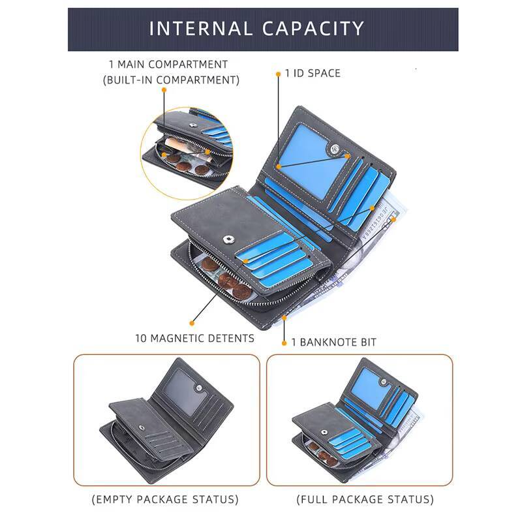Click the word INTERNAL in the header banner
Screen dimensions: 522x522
click(200, 29)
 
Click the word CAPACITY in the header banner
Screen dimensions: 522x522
click(313, 29)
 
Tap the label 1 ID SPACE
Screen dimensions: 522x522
click(313, 73)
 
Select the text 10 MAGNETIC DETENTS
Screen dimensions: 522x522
click(194, 339)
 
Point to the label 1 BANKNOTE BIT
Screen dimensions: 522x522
click(334, 342)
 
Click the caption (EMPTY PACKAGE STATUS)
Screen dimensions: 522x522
click(165, 499)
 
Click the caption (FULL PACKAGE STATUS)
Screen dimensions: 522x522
click(365, 499)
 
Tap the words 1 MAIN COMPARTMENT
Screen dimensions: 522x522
click(168, 64)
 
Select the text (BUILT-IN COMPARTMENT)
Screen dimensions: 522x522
click(171, 80)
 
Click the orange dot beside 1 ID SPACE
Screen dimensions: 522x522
click(279, 74)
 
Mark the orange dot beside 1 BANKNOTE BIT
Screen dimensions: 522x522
click(284, 343)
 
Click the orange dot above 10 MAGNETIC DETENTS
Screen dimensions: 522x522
click(192, 323)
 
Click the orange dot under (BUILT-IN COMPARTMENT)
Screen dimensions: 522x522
click(164, 90)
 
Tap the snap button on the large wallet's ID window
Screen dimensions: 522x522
click(333, 149)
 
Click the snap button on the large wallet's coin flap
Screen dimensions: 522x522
click(228, 239)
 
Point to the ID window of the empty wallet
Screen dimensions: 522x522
click(185, 392)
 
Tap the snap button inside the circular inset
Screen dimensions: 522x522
click(192, 125)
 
